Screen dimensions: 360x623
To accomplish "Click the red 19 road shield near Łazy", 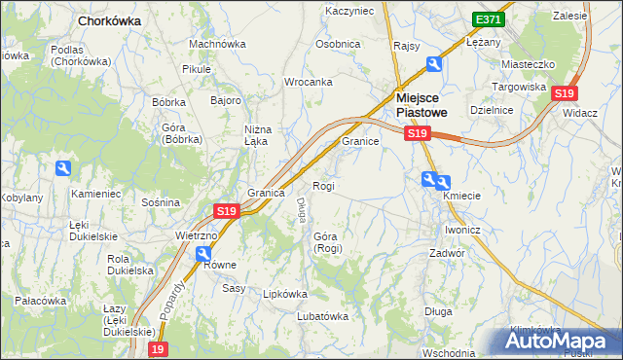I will pos(158,348).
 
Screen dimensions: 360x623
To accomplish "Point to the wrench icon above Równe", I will pos(203,254).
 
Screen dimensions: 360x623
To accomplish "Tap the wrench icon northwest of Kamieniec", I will pos(63,168).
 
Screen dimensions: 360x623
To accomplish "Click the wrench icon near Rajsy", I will pos(433,64).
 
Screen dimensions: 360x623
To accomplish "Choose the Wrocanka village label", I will pos(309,82).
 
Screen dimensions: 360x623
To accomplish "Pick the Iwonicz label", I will pos(463,230).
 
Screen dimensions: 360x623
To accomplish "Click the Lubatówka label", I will pos(322,315).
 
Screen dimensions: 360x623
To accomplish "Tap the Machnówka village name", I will pos(216,44).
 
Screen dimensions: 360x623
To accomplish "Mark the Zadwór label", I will pos(447,252).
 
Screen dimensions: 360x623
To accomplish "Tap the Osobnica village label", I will pos(338,44).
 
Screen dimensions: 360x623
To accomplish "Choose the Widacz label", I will pos(579,113).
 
